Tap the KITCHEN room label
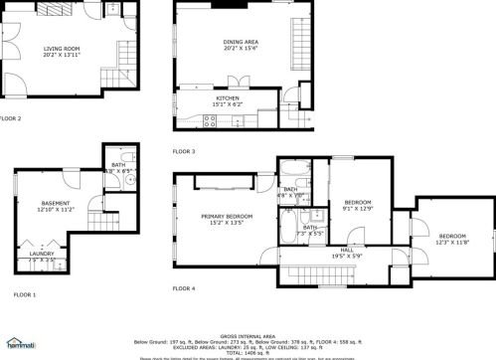pyautogui.click(x=229, y=98)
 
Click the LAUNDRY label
pyautogui.click(x=42, y=254)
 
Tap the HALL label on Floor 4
pyautogui.click(x=347, y=249)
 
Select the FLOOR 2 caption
pyautogui.click(x=11, y=118)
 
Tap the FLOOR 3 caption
pyautogui.click(x=184, y=151)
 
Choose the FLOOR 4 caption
pyautogui.click(x=184, y=288)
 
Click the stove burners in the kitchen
pyautogui.click(x=210, y=121)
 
